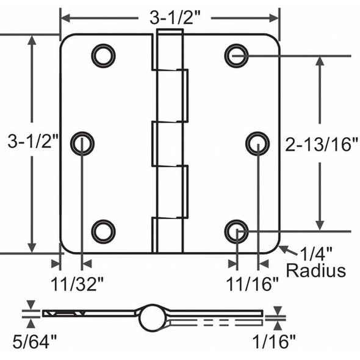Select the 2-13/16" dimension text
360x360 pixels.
click(x=322, y=145)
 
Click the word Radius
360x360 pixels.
click(x=315, y=270)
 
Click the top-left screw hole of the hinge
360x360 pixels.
click(x=103, y=56)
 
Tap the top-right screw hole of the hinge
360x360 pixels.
click(x=236, y=56)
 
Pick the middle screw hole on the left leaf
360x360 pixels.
click(x=82, y=143)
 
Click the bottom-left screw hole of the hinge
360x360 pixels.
click(x=103, y=231)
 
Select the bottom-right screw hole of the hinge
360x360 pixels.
click(x=236, y=231)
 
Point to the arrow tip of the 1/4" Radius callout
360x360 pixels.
click(x=281, y=247)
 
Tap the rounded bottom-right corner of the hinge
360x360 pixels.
click(x=275, y=248)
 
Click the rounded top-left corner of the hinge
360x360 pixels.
click(x=64, y=38)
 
